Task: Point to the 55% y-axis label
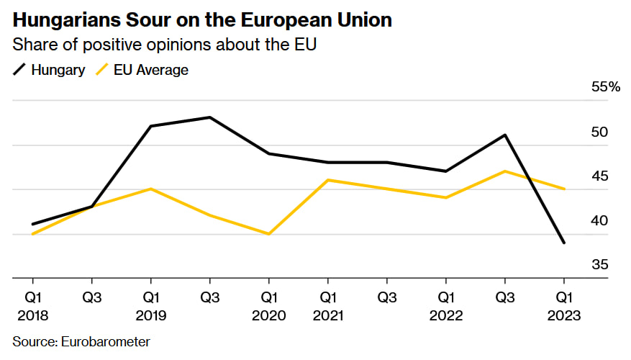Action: [x=605, y=87]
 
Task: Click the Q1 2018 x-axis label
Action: [x=32, y=306]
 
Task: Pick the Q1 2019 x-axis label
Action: [x=150, y=306]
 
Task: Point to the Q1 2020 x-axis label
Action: [x=268, y=306]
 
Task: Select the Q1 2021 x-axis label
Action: [x=328, y=306]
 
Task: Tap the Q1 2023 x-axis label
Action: [x=563, y=306]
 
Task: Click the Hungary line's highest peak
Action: [x=209, y=117]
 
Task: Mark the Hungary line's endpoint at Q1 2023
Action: [x=563, y=243]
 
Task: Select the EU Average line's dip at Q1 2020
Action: [x=268, y=234]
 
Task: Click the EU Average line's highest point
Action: [x=504, y=171]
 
